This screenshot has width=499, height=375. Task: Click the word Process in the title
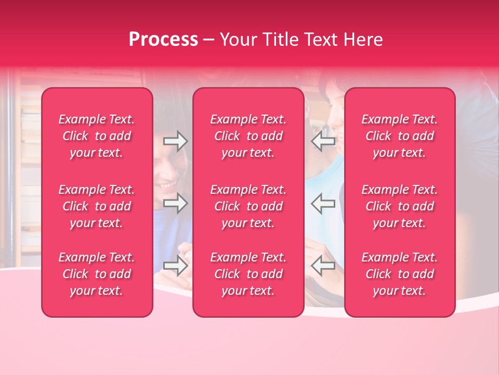163,40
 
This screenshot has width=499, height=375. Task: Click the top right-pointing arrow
175,141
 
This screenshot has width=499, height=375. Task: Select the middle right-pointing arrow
175,204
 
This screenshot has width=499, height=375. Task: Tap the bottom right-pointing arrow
175,266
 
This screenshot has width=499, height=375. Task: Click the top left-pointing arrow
323,141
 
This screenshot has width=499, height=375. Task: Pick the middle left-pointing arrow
323,204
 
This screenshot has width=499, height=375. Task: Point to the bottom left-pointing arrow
323,266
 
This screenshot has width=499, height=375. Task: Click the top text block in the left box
97,136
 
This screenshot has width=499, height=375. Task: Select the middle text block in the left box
97,206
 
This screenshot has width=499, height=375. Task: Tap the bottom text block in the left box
97,274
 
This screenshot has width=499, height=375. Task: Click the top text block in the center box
248,136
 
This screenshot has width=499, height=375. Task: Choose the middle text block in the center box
248,206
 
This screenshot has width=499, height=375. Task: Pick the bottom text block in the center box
248,274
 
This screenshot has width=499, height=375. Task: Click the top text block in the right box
400,136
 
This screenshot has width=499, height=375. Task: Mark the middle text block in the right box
400,206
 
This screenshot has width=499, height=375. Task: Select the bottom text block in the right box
400,274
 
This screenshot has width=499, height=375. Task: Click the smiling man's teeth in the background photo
167,185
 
